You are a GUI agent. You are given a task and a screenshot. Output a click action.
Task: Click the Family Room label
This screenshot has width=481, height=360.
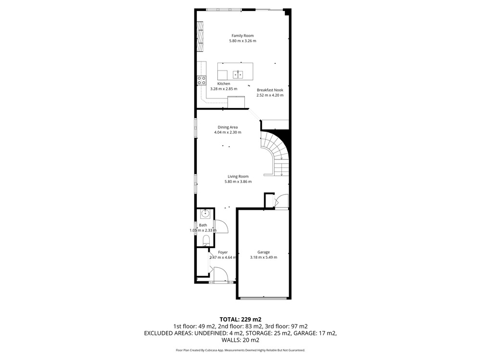242,36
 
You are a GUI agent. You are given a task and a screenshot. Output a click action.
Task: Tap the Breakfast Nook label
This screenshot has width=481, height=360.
270,90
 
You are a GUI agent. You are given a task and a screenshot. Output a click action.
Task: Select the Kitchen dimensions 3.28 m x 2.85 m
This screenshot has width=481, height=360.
224,89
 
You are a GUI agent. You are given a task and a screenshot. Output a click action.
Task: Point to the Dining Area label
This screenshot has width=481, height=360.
228,127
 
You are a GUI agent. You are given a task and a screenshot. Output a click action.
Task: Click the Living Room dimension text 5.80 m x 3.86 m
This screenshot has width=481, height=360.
238,181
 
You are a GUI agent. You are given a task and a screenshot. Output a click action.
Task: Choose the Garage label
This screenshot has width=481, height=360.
264,252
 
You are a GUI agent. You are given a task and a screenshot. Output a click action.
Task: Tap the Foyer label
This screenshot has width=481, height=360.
223,252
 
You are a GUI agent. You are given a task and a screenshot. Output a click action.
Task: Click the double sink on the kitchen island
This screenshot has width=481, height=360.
238,74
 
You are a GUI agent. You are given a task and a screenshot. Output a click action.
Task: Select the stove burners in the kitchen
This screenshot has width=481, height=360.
202,81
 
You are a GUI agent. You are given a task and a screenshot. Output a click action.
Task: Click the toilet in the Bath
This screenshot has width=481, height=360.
206,240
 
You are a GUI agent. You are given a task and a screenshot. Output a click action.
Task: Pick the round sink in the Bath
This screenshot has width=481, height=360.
205,214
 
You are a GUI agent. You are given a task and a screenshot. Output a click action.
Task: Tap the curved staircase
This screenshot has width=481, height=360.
275,153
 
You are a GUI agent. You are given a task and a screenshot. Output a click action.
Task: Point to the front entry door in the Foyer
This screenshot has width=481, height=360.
220,274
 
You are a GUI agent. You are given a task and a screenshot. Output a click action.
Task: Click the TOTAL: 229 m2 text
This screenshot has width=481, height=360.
240,320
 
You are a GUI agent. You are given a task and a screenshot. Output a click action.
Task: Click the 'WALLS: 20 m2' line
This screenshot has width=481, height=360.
240,340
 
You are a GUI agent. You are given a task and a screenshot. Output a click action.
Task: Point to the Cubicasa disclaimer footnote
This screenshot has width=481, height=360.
240,350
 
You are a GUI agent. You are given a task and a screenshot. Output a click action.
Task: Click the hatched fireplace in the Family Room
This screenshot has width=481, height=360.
200,36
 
